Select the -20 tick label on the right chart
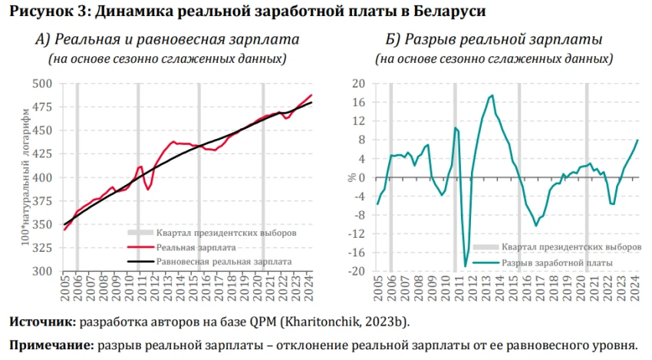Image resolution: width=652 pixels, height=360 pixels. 357,271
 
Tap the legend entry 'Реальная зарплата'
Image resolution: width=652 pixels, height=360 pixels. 195,247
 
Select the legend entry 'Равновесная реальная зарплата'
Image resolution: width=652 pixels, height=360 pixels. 223,261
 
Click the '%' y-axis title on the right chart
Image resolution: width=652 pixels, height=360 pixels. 352,177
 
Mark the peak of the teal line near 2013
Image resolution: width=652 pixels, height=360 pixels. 492,95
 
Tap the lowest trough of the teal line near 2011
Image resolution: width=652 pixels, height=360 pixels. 465,266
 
